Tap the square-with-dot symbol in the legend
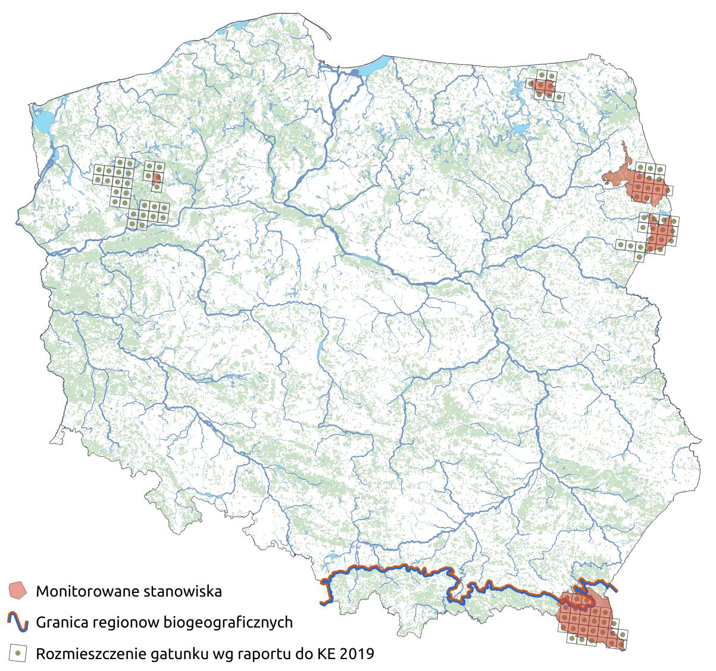(x=18, y=653)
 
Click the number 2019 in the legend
(x=357, y=654)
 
